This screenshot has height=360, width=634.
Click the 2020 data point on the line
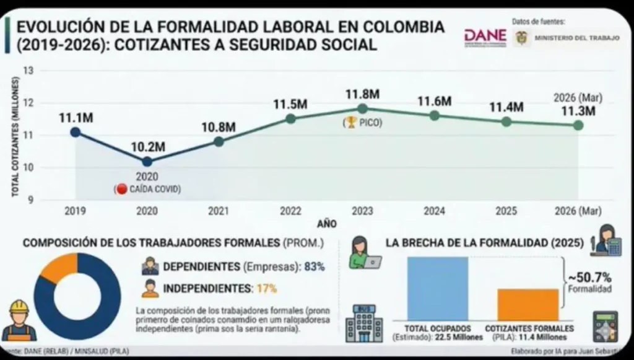pos(147,162)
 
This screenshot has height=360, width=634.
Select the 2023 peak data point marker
pos(362,108)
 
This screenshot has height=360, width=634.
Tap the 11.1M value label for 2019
pos(76,117)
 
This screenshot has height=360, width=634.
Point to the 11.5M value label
pos(290,104)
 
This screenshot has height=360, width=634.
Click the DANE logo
pos(485,37)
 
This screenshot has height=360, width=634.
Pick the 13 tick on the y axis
pos(28,70)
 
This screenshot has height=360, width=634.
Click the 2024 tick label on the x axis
pos(434,211)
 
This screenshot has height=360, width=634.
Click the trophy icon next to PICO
pos(350,123)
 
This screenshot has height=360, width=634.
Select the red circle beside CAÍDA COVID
pos(121,189)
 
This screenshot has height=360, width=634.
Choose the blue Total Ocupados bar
pos(437,288)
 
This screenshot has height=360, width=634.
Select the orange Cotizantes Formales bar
pos(528,304)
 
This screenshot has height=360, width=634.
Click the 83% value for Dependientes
pos(315,267)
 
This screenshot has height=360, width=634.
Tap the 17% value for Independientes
pos(266,288)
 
